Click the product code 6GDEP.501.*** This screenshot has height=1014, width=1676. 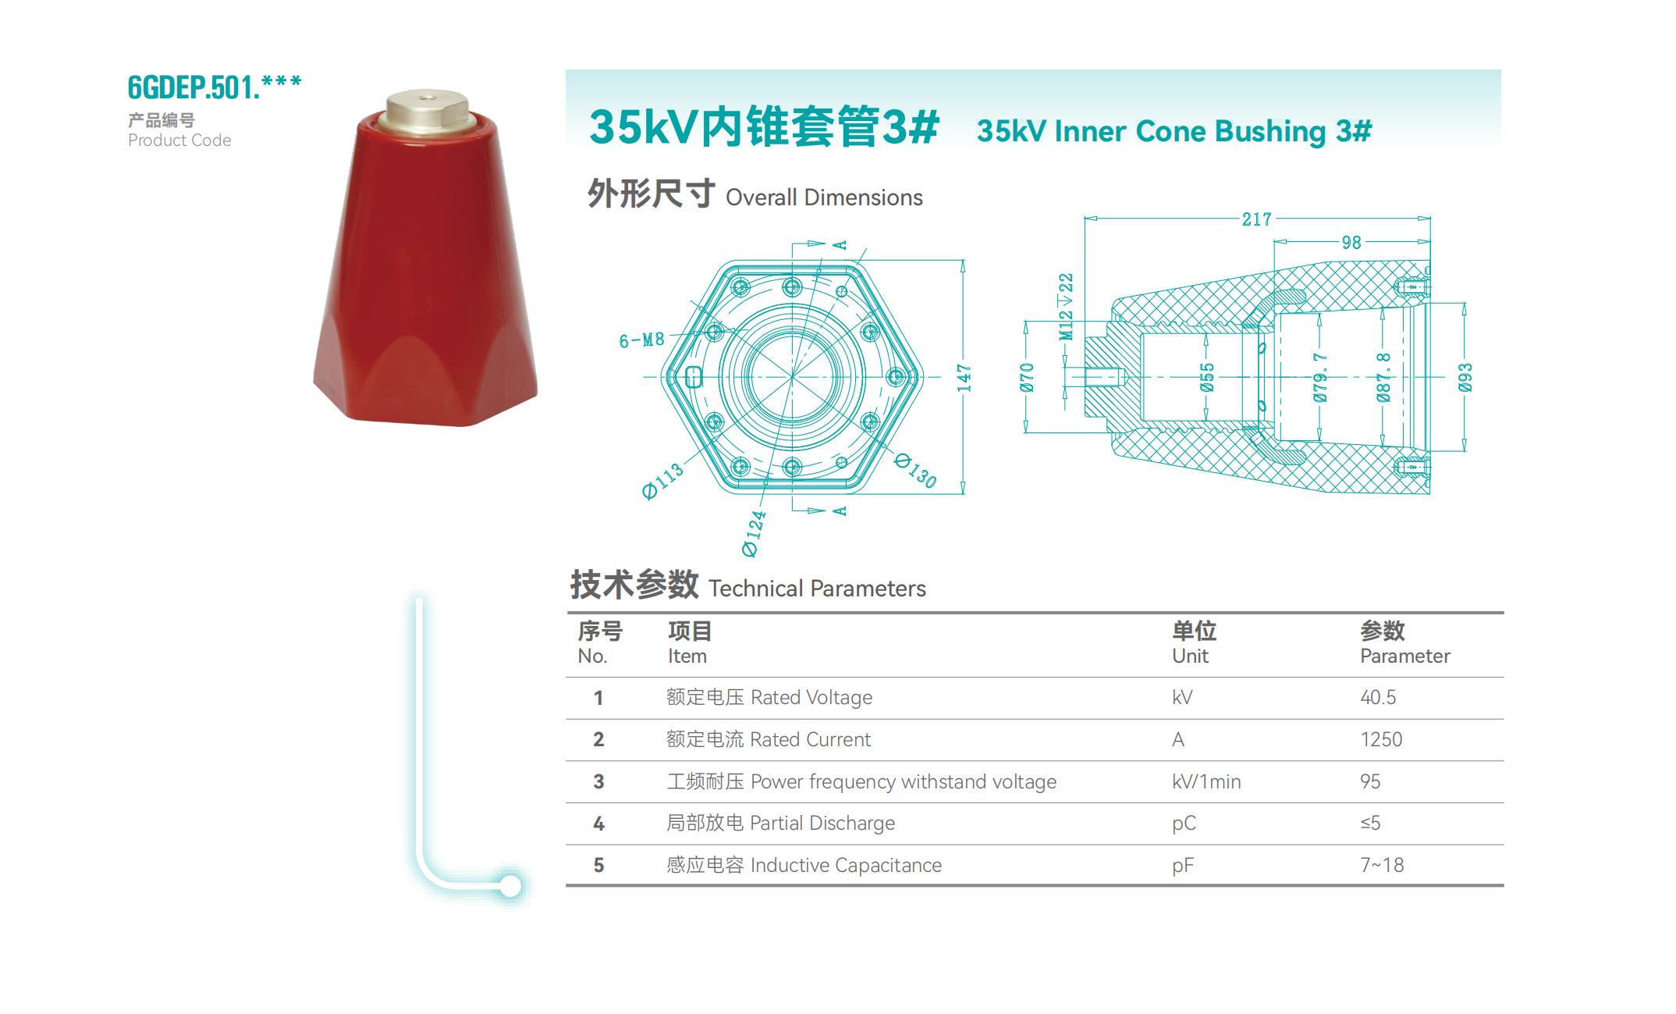tap(214, 87)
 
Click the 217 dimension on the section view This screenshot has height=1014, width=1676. tap(1256, 219)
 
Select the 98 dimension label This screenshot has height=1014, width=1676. tap(1351, 243)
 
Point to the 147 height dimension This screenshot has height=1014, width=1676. tap(964, 378)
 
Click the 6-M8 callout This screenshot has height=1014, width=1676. tap(641, 340)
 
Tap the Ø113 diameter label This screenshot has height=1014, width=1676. tap(662, 480)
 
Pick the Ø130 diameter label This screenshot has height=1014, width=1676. tap(916, 470)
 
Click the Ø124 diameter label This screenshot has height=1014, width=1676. tap(754, 533)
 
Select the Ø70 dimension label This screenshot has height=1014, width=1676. tap(1027, 377)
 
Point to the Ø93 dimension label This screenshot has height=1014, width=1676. tap(1465, 377)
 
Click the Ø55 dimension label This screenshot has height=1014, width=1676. tap(1207, 377)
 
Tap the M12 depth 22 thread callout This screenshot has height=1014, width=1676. tap(1066, 307)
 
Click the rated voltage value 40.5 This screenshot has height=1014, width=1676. tap(1378, 697)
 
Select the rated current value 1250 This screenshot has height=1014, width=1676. tap(1380, 739)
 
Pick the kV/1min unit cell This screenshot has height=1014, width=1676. tap(1206, 781)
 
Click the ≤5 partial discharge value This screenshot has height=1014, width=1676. tap(1370, 823)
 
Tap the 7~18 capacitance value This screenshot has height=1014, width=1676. tap(1381, 865)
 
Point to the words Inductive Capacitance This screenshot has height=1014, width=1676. tap(846, 865)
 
